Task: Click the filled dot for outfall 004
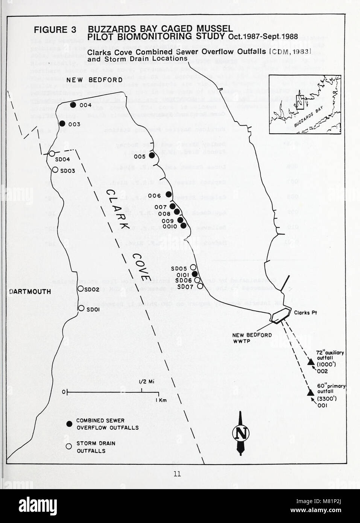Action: coord(73,105)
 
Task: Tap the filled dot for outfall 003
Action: coord(62,124)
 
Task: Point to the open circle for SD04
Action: coord(52,154)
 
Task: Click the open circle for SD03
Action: coord(55,170)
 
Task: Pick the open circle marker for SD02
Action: coord(80,289)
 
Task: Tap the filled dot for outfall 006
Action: coord(169,195)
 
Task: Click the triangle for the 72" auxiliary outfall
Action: coord(311,362)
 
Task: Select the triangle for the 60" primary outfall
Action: coord(310,393)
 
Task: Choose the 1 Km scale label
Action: coord(161,400)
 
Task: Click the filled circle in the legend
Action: coord(69,424)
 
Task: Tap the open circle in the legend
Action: coord(69,447)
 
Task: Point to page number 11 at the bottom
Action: coord(177,474)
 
